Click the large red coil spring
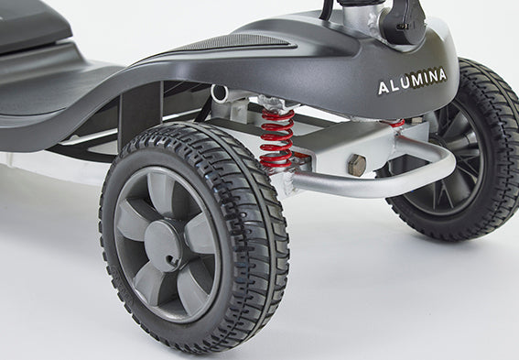(x=276, y=138)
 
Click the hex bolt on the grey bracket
(x=356, y=165)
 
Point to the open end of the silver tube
(x=219, y=93)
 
